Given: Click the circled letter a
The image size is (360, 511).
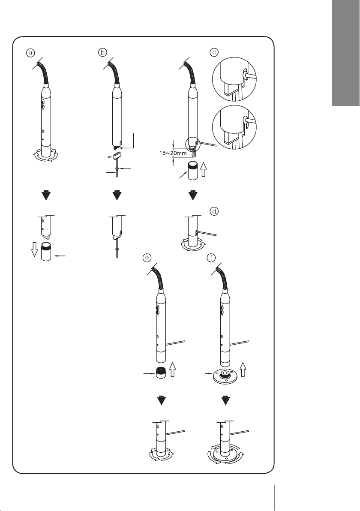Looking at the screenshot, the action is [30, 53].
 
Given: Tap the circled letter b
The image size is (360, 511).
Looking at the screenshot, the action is [102, 53].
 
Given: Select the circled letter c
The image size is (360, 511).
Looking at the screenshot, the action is [214, 52].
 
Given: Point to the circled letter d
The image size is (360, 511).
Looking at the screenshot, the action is [214, 211].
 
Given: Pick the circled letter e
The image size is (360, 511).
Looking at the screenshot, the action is [147, 258].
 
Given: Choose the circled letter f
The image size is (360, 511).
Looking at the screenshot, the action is [211, 258].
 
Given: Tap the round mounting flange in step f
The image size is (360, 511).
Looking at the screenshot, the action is [225, 376].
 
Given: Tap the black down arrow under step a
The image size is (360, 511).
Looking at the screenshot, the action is [47, 195].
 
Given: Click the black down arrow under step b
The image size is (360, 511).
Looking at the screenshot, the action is [117, 195].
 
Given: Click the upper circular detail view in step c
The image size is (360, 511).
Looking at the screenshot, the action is [234, 79].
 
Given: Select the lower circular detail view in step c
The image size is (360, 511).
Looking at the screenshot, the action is [234, 127].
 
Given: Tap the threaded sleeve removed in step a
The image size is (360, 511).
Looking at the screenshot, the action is [47, 252].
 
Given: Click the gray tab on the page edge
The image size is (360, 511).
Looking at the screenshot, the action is [346, 53].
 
